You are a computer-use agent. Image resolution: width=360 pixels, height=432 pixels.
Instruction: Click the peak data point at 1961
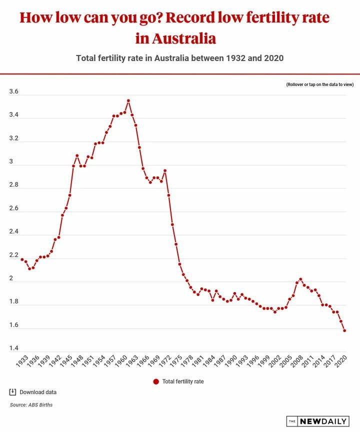point(128,100)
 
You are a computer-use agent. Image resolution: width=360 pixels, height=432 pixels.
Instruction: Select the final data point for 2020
point(345,330)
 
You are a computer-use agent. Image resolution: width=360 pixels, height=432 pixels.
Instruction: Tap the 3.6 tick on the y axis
point(14,92)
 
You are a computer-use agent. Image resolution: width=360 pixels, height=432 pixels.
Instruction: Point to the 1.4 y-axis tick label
point(14,348)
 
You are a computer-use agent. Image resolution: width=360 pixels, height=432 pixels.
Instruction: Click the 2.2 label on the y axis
point(14,255)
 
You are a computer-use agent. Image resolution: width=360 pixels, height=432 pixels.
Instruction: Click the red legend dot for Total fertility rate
point(156,381)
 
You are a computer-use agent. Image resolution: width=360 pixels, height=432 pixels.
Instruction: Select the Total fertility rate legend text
point(183,381)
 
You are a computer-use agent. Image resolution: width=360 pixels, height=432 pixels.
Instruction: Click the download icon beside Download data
point(13,391)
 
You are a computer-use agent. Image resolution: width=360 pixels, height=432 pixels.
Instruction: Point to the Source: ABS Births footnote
point(31,404)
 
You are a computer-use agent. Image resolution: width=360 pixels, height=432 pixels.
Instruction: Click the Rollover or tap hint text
point(320,85)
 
